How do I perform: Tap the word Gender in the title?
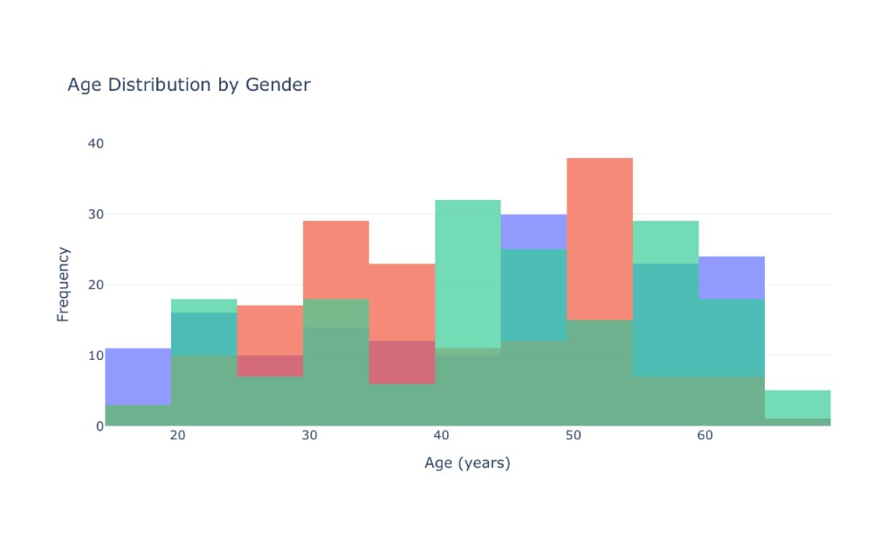tap(278, 85)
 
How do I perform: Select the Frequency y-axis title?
tap(63, 285)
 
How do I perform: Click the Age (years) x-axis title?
tap(468, 462)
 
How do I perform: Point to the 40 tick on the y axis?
tap(96, 143)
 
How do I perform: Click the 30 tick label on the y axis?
tap(96, 214)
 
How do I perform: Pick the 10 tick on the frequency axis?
tap(96, 355)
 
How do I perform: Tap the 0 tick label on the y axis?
tap(100, 426)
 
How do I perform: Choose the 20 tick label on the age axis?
tap(178, 436)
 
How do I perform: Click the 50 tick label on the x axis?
tap(573, 436)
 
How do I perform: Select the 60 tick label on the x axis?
tap(705, 436)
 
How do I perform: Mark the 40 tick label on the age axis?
tap(441, 436)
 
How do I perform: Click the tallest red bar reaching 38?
tap(600, 238)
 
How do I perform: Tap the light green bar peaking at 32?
tap(468, 273)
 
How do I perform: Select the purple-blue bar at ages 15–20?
tap(139, 376)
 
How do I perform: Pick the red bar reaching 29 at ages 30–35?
tap(336, 259)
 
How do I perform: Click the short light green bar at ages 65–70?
tap(798, 404)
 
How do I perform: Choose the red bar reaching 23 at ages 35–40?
tap(402, 302)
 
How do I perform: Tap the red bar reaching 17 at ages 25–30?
tap(271, 331)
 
